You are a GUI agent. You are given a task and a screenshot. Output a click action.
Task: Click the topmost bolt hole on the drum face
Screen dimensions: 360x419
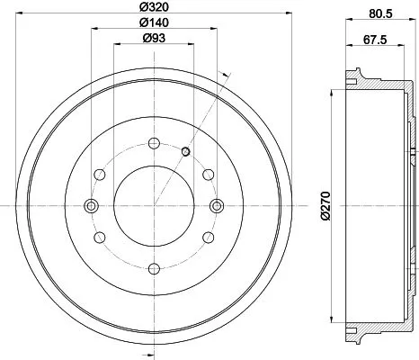point(154,143)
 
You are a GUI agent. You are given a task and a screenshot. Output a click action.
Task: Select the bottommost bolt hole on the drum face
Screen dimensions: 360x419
point(154,267)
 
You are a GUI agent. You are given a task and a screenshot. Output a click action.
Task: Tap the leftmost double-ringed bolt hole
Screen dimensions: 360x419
point(91,206)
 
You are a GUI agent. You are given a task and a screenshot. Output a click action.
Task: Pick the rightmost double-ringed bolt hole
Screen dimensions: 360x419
point(216,206)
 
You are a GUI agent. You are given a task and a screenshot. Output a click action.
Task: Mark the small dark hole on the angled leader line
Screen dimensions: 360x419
point(184,150)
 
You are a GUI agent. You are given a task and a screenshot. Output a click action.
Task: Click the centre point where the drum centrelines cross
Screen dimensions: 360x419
point(154,206)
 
